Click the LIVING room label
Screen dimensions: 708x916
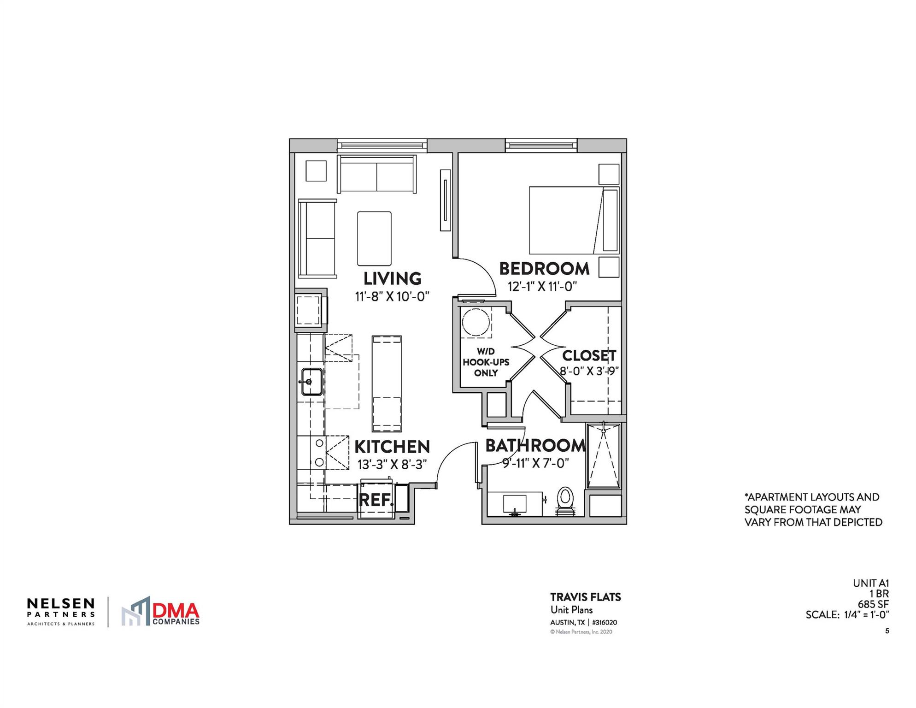coord(392,278)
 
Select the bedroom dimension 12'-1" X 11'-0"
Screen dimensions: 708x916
coord(542,287)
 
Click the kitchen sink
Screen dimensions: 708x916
coord(312,382)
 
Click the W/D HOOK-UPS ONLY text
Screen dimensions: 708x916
coord(486,362)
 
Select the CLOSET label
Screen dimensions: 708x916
coord(589,355)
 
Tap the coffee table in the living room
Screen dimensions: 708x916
coord(374,238)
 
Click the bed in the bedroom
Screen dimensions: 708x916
coord(567,220)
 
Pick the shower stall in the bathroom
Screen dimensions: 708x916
coord(604,456)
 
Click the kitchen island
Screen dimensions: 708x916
coord(387,384)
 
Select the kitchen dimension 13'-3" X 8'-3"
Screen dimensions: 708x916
coord(392,464)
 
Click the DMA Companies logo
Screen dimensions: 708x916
coord(161,612)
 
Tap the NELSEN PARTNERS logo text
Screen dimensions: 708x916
coord(61,608)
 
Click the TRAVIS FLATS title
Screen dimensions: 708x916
coord(585,597)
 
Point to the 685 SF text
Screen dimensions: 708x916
coord(873,604)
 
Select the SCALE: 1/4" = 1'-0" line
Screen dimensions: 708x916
coord(847,614)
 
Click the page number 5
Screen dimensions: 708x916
coord(887,631)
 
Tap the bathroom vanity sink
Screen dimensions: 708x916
coord(515,504)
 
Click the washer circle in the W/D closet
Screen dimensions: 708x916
coord(476,323)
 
